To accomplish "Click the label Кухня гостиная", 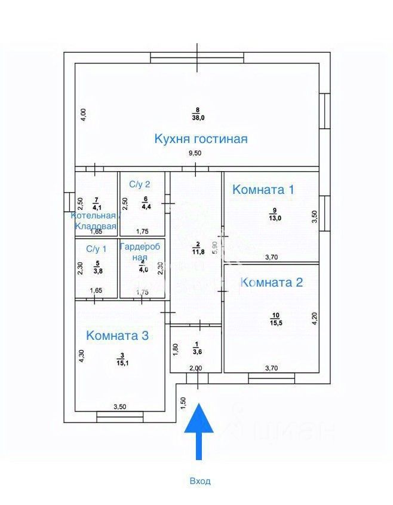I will [x=201, y=139].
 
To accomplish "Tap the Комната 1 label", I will [x=263, y=190].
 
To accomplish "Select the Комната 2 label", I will [x=271, y=282].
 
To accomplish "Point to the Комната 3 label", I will [x=117, y=335].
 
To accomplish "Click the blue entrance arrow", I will [x=199, y=431].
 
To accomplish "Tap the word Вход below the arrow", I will [x=199, y=480].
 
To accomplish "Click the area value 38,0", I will [x=198, y=118].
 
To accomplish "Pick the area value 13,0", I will [x=274, y=217].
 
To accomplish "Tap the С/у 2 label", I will [x=141, y=183].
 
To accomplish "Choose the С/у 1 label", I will [x=96, y=248].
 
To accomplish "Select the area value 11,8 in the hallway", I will [x=196, y=251].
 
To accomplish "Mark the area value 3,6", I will [x=196, y=352].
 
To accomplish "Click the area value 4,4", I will [x=146, y=207].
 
